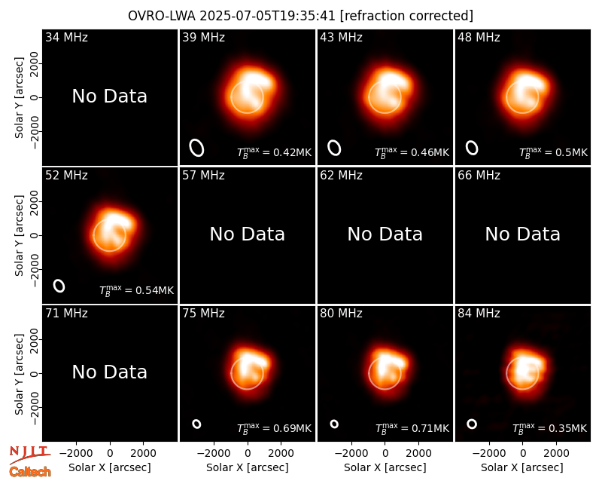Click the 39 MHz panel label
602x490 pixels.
pyautogui.click(x=203, y=37)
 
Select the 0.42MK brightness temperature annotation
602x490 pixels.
pyautogui.click(x=274, y=152)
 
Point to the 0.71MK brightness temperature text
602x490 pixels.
pyautogui.click(x=412, y=428)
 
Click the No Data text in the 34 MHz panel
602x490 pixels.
pyautogui.click(x=109, y=96)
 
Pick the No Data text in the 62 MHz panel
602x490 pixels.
pyautogui.click(x=385, y=234)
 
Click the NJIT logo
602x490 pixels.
pyautogui.click(x=29, y=455)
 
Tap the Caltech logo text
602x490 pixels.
pyautogui.click(x=30, y=472)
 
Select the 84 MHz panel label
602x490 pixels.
pyautogui.click(x=479, y=314)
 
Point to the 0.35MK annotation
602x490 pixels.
pyautogui.click(x=550, y=428)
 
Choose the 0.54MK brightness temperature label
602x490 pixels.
pyautogui.click(x=137, y=290)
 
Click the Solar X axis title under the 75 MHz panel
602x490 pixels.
pyautogui.click(x=248, y=467)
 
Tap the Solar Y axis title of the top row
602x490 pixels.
pyautogui.click(x=19, y=98)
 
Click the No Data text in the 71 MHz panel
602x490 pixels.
pyautogui.click(x=109, y=372)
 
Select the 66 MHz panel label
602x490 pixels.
pyautogui.click(x=479, y=176)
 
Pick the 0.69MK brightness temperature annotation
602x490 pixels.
pyautogui.click(x=274, y=428)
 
